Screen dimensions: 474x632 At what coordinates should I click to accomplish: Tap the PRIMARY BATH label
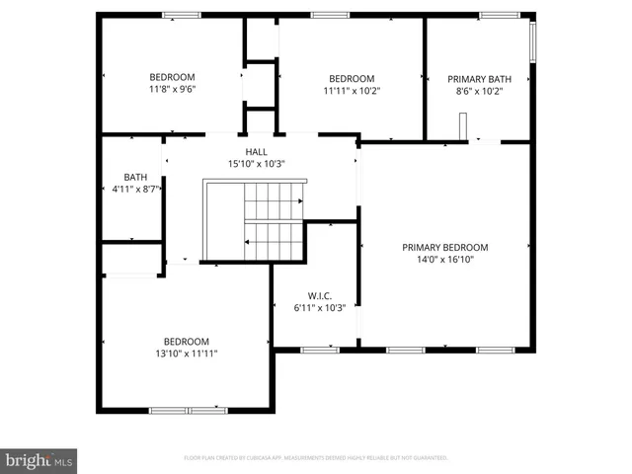coord(479,79)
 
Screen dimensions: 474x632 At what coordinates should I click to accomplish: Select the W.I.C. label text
coord(319,295)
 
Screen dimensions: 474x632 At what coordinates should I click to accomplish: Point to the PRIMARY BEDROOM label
coord(444,248)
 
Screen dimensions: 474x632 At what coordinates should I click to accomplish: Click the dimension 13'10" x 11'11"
coord(186,353)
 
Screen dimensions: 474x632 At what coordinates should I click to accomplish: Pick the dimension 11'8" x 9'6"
coord(172,89)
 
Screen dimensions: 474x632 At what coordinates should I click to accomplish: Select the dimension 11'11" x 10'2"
coord(352,91)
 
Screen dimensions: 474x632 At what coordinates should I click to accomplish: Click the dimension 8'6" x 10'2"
coord(479,91)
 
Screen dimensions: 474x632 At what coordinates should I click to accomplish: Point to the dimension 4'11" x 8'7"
coord(136,188)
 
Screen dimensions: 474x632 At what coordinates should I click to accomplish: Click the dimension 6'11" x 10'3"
coord(319,307)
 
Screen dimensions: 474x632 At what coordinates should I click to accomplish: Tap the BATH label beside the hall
coord(135,177)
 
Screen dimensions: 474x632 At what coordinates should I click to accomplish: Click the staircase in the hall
coord(272,220)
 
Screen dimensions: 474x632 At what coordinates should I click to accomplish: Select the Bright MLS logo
coord(39,460)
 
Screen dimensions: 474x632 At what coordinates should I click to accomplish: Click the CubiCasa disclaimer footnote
coord(316,458)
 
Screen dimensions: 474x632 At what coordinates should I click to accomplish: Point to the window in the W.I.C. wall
coord(319,350)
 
